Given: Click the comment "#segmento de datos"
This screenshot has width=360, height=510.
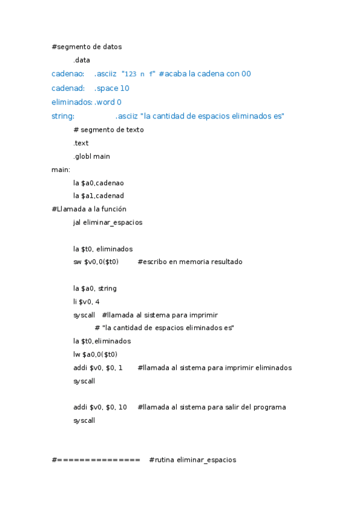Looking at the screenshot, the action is (87, 46).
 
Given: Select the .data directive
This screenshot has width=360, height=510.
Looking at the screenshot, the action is (82, 60).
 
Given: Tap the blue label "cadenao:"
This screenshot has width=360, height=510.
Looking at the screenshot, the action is (68, 74).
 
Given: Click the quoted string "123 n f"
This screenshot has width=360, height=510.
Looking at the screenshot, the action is (139, 74).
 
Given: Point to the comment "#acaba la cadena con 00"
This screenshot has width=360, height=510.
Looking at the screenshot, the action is (205, 74).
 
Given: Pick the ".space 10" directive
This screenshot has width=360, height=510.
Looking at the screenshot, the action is (112, 88).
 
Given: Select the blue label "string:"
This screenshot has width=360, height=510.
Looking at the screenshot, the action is (63, 116).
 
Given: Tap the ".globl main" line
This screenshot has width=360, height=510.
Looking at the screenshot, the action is (91, 157).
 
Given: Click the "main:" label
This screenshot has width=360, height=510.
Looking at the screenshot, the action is (61, 170).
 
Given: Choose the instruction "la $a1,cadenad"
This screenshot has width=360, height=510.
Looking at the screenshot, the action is (99, 195).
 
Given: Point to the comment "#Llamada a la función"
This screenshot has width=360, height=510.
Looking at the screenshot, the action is (89, 209).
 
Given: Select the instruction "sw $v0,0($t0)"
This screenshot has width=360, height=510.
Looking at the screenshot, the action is (96, 262).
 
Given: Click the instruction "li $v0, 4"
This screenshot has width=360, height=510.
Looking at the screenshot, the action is (87, 302).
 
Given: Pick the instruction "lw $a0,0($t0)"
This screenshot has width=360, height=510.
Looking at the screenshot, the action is (95, 354).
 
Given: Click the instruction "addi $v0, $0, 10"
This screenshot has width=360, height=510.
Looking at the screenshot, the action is (100, 407).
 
